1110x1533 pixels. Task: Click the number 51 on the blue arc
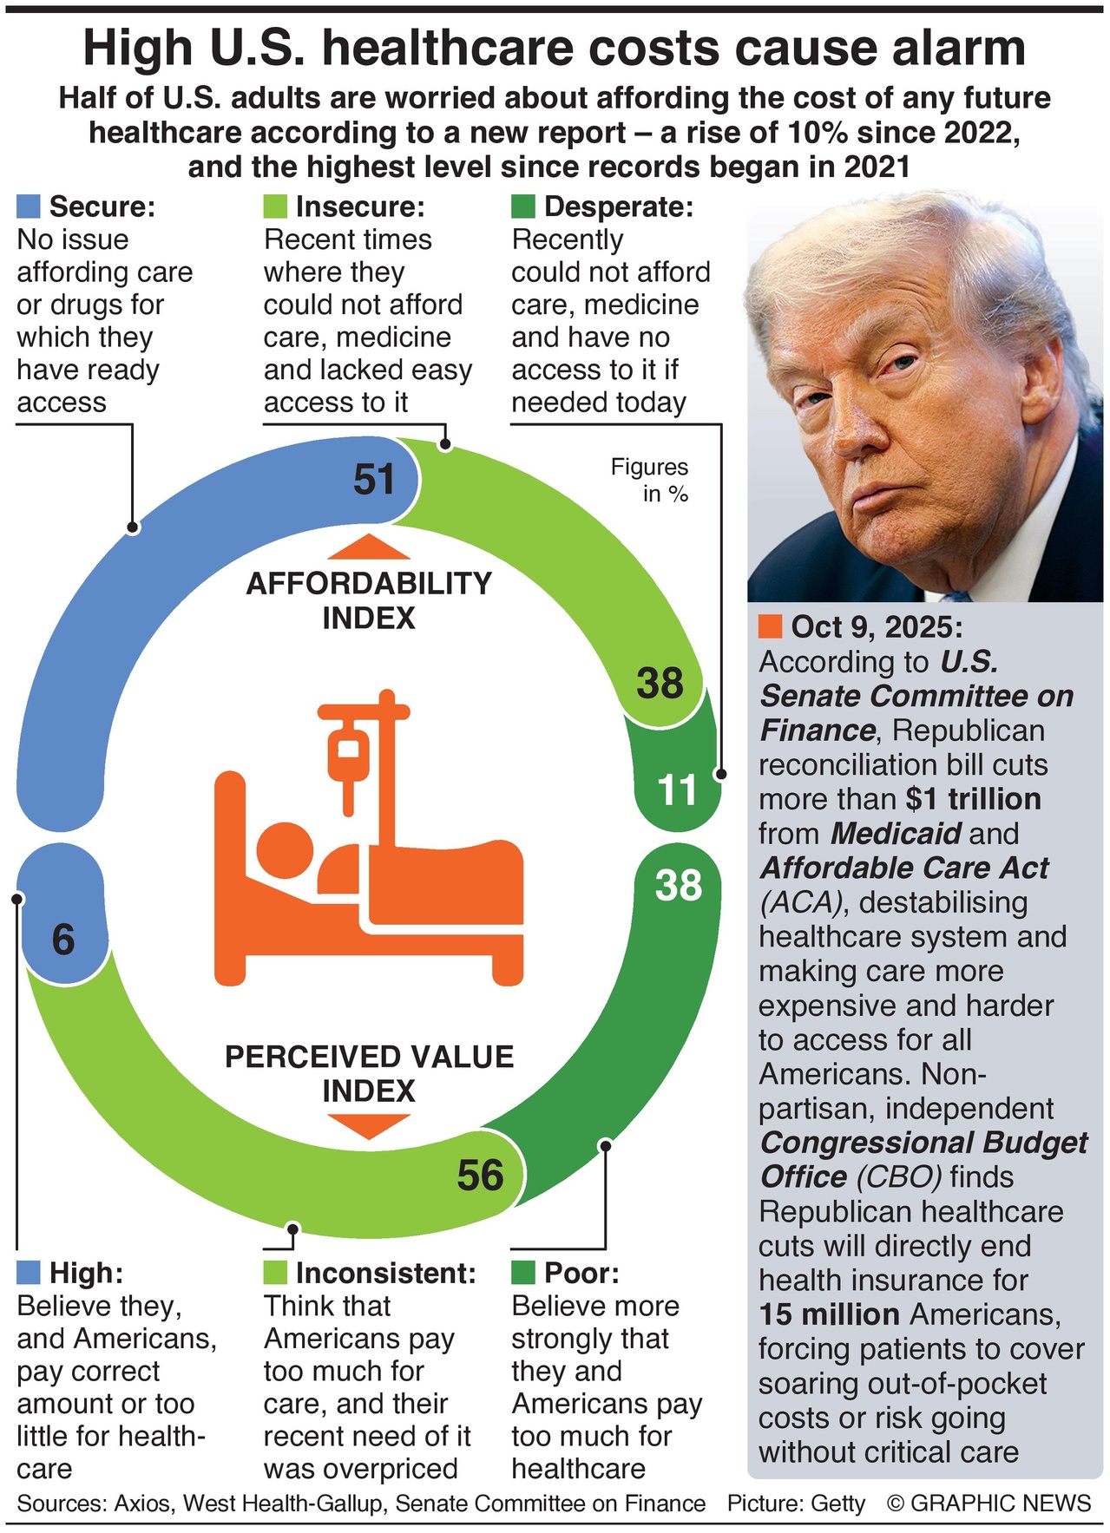[374, 480]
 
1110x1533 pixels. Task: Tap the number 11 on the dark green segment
[677, 790]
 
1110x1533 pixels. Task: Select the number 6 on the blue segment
[63, 940]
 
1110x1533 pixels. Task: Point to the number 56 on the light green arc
[480, 1176]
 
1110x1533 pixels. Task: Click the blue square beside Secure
[29, 206]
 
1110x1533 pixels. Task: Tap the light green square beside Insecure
[275, 206]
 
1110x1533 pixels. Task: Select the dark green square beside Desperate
[523, 206]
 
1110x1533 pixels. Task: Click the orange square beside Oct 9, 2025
[770, 627]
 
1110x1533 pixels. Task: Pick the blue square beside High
[29, 1273]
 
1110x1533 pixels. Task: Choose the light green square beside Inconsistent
[275, 1273]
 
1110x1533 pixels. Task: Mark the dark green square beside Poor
[523, 1273]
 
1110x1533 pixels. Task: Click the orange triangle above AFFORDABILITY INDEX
[369, 547]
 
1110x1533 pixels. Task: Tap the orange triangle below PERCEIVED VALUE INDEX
[369, 1125]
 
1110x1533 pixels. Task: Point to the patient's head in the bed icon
[284, 848]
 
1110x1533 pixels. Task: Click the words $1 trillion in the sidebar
[973, 799]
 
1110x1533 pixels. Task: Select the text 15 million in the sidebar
[829, 1314]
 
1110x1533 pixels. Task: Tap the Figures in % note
[651, 480]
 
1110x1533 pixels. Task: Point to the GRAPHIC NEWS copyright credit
[989, 1504]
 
